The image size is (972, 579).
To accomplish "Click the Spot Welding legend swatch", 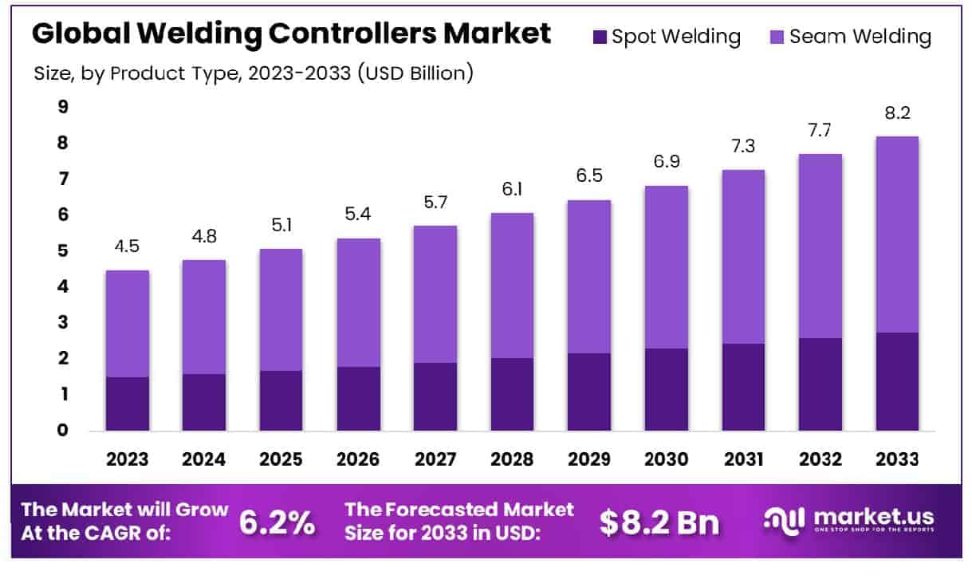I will pyautogui.click(x=600, y=37).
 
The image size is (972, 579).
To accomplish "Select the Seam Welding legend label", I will pyautogui.click(x=860, y=37).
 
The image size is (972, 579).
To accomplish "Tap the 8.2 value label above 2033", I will pyautogui.click(x=897, y=113).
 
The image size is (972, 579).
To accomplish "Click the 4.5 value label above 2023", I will pyautogui.click(x=128, y=246).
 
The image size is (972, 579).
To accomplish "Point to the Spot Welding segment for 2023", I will pyautogui.click(x=128, y=404).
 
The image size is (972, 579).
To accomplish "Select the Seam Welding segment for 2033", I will pyautogui.click(x=897, y=234).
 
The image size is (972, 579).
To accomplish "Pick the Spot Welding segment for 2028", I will pyautogui.click(x=512, y=394).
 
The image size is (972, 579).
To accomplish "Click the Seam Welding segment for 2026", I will pyautogui.click(x=358, y=302).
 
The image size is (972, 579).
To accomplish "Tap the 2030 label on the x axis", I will pyautogui.click(x=666, y=459).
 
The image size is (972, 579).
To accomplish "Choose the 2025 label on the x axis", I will pyautogui.click(x=281, y=459).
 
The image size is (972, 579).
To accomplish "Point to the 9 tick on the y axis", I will pyautogui.click(x=63, y=107).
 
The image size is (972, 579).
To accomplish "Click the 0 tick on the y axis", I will pyautogui.click(x=63, y=431).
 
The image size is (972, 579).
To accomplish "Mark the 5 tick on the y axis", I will pyautogui.click(x=63, y=251).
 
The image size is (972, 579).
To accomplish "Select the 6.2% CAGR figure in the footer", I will pyautogui.click(x=277, y=522).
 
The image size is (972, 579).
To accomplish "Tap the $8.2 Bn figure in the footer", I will pyautogui.click(x=659, y=522).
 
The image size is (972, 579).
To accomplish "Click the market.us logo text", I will pyautogui.click(x=873, y=516).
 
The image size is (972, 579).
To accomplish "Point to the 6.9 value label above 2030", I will pyautogui.click(x=666, y=162).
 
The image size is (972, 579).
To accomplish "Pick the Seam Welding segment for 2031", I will pyautogui.click(x=743, y=257).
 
